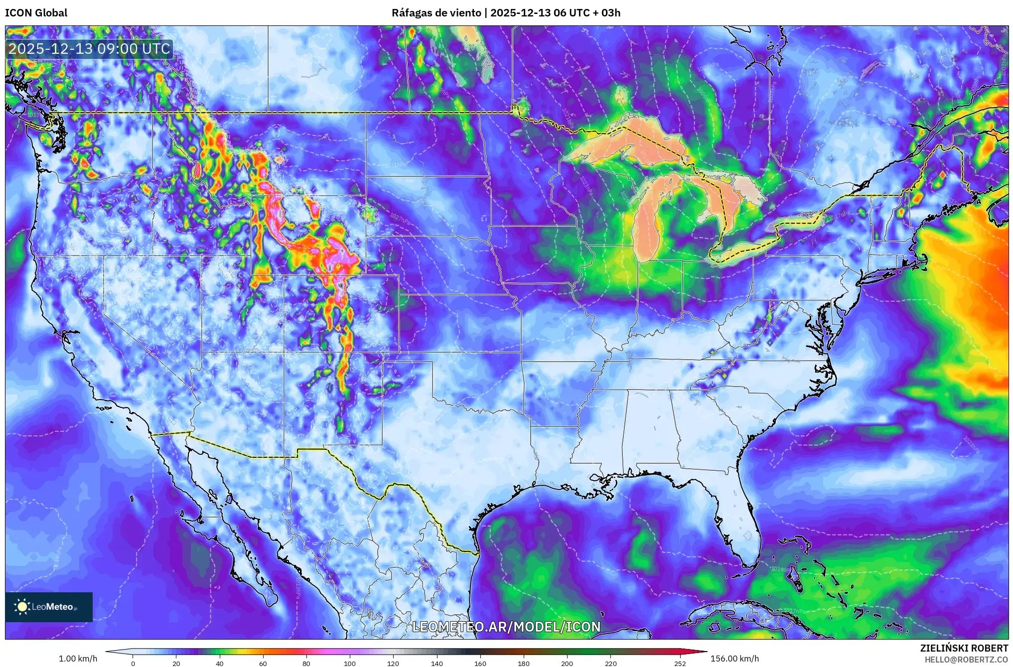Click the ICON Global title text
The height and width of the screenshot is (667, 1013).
tap(36, 13)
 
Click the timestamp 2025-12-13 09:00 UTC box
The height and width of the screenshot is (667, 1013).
tap(89, 49)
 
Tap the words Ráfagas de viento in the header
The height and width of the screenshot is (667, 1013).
tap(436, 13)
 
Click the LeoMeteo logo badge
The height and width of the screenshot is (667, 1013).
tap(49, 607)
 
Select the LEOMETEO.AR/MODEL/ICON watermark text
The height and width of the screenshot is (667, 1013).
tap(506, 627)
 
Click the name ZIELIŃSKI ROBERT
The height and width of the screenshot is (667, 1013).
tap(964, 648)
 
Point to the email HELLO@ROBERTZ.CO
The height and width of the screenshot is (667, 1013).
tap(966, 660)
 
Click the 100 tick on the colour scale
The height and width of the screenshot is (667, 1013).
tap(350, 663)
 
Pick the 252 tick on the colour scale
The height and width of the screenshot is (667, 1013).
tap(680, 663)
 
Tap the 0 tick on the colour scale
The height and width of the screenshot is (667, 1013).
tap(133, 663)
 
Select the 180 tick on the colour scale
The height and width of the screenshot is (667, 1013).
tap(524, 663)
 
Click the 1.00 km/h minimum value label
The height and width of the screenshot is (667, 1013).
tap(78, 659)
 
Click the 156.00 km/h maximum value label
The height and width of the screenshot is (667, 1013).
tap(734, 659)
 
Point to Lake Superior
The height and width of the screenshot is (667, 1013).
tap(623, 144)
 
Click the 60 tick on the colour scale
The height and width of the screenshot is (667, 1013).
tap(263, 663)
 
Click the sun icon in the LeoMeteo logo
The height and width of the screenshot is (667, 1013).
tap(22, 607)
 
